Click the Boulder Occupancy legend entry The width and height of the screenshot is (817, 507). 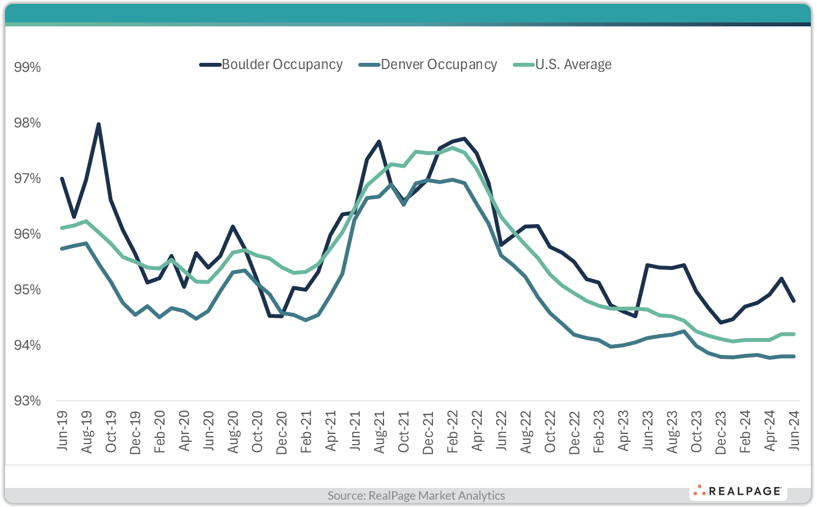[271, 65]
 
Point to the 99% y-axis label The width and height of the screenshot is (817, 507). [28, 67]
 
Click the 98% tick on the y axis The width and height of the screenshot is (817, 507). [28, 123]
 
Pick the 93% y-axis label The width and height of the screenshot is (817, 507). [28, 401]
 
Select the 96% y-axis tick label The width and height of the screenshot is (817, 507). [28, 234]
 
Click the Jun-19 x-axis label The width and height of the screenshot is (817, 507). [62, 431]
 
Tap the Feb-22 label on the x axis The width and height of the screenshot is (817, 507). [453, 431]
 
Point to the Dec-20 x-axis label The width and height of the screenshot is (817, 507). [282, 432]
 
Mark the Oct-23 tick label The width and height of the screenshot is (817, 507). [696, 432]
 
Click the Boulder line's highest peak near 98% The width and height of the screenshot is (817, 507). [98, 124]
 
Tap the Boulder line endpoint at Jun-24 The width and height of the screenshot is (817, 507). [793, 301]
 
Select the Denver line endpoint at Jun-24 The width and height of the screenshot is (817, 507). [793, 356]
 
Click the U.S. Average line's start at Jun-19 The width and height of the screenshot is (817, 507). [62, 228]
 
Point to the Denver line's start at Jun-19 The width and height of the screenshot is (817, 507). [62, 248]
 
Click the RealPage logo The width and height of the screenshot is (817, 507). [737, 491]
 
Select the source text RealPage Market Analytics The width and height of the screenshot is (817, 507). [416, 495]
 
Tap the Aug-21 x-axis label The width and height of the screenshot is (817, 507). [380, 432]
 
